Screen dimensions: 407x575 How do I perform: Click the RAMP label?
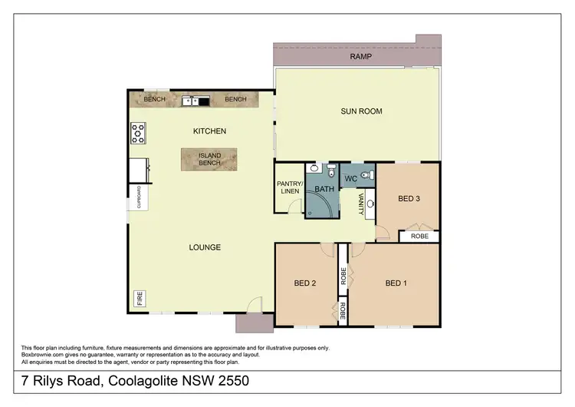[360, 57]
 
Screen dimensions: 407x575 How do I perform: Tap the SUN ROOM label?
[361, 111]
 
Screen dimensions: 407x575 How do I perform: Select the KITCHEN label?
[209, 131]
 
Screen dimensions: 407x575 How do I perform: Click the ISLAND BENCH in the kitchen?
[209, 159]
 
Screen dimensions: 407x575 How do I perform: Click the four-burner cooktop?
[138, 133]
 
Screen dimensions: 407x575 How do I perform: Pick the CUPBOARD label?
[139, 197]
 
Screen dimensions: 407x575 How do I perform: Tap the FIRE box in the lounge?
[140, 298]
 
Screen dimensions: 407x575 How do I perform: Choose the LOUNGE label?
[205, 247]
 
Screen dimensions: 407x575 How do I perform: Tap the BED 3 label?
[409, 199]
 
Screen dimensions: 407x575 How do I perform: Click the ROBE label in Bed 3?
[419, 237]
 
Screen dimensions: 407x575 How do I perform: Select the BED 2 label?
[305, 283]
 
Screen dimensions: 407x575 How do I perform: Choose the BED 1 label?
[396, 283]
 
